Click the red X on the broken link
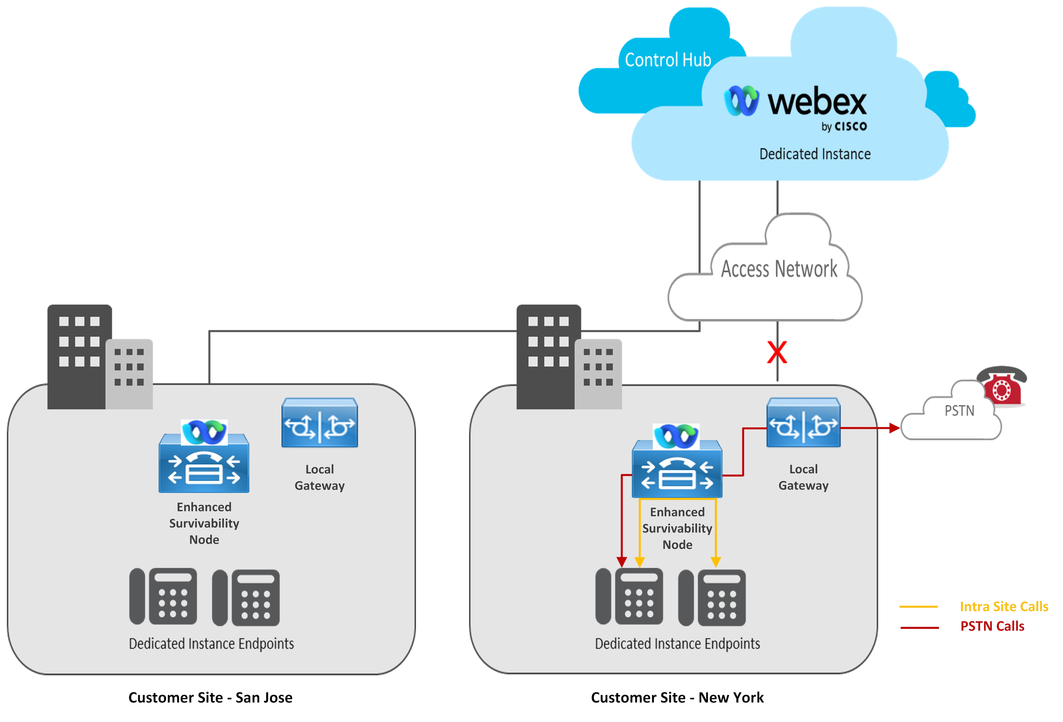pyautogui.click(x=777, y=353)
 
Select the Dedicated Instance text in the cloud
pyautogui.click(x=815, y=154)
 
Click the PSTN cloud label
pyautogui.click(x=959, y=411)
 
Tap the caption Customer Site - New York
pyautogui.click(x=677, y=697)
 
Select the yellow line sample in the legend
pyautogui.click(x=918, y=607)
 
